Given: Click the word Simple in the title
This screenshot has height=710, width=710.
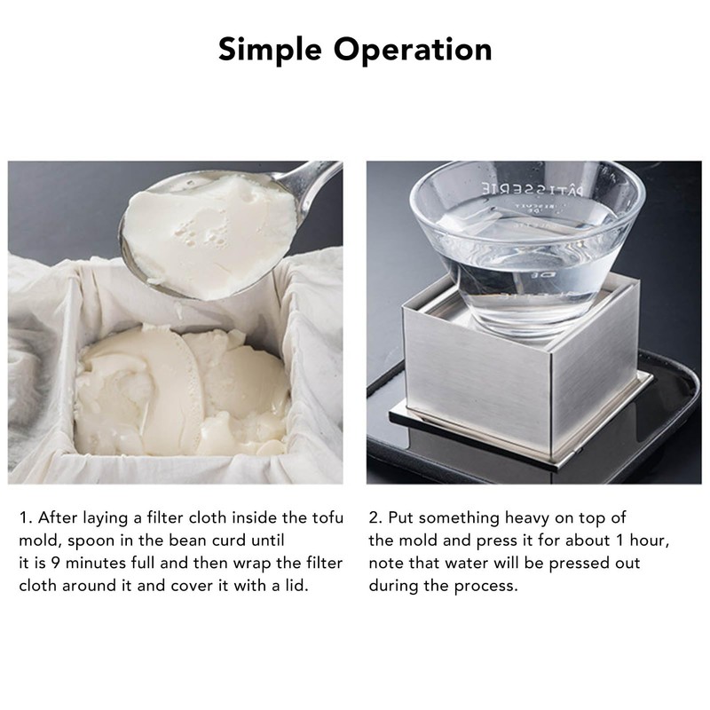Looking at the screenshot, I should pos(271,49).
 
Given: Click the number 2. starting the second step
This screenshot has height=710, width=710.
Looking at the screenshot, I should pos(375,517).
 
